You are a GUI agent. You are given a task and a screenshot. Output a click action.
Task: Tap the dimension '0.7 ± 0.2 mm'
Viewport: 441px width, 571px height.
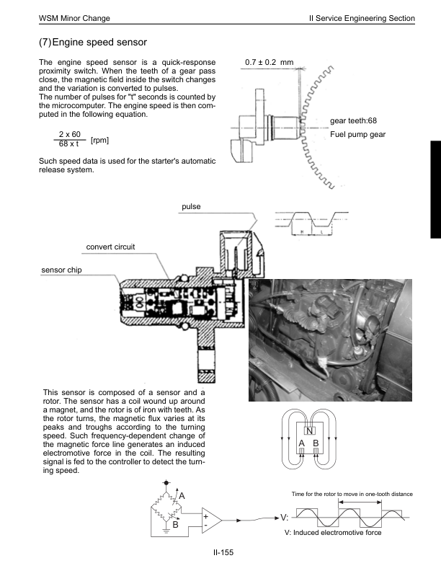click(269, 63)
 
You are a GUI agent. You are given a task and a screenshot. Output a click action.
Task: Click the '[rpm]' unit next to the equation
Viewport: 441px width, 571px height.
click(100, 140)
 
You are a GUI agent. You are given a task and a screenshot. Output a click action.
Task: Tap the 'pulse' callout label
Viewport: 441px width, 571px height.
click(191, 207)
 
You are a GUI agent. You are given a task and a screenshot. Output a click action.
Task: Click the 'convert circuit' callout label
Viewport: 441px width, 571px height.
click(110, 247)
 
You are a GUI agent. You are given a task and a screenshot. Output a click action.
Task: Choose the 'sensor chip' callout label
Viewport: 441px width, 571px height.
click(62, 269)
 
